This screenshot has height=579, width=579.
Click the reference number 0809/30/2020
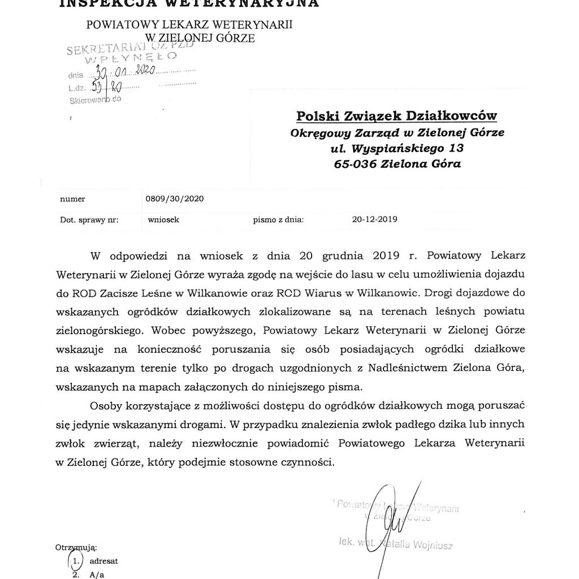pyautogui.click(x=175, y=199)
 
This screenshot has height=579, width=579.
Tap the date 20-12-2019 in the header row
pyautogui.click(x=374, y=219)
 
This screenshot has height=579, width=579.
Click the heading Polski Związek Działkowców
pyautogui.click(x=397, y=116)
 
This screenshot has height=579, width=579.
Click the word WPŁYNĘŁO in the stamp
pyautogui.click(x=122, y=59)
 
